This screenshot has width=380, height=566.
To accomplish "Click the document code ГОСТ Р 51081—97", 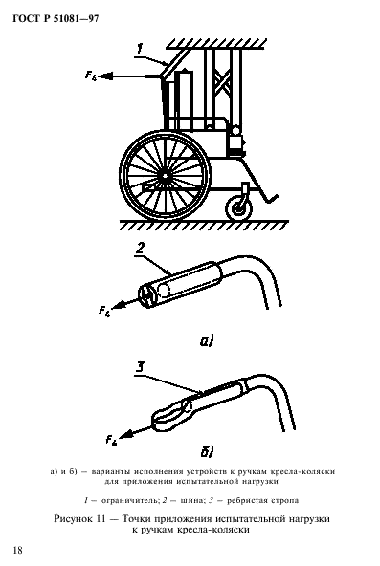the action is point(56,19).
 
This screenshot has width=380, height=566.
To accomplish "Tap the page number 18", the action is point(17,550).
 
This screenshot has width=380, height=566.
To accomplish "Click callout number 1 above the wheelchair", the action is point(141,49).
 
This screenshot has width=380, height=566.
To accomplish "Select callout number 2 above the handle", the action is point(140,249).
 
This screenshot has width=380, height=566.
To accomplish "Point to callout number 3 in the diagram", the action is point(140,367).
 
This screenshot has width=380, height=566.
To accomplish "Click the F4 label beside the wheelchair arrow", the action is point(91,76).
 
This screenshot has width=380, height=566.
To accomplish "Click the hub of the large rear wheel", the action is point(165,175).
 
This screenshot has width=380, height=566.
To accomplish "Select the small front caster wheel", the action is point(238,208).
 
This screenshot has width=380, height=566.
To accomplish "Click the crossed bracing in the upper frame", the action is point(223,80).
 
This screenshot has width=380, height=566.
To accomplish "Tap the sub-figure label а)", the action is point(207,340).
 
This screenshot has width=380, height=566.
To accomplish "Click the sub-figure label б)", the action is point(207,451).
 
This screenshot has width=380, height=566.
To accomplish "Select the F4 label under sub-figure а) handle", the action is point(105,311).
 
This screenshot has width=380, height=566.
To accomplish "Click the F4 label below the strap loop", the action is point(112,441).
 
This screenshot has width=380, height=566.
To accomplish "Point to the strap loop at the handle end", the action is point(172,414).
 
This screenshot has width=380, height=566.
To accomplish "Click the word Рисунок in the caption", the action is point(73,519).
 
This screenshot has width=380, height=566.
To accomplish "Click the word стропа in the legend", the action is point(286,501).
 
